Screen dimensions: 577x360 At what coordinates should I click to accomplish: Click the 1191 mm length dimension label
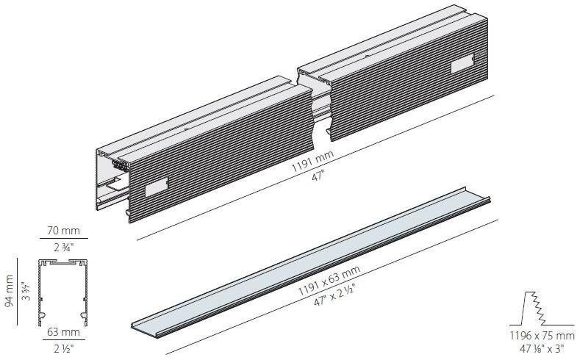(x=312, y=161)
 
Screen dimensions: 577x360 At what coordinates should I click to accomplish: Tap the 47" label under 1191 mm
(x=318, y=177)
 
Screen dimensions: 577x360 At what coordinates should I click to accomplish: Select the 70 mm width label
(x=63, y=231)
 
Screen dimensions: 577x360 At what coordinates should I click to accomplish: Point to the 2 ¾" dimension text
(x=64, y=248)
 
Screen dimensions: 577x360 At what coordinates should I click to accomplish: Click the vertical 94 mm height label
(x=10, y=290)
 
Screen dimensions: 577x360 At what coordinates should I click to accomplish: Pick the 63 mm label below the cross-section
(x=63, y=331)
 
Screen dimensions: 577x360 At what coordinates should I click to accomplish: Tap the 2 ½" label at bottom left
(x=64, y=348)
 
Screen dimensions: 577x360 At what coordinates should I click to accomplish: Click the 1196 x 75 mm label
(x=542, y=335)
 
